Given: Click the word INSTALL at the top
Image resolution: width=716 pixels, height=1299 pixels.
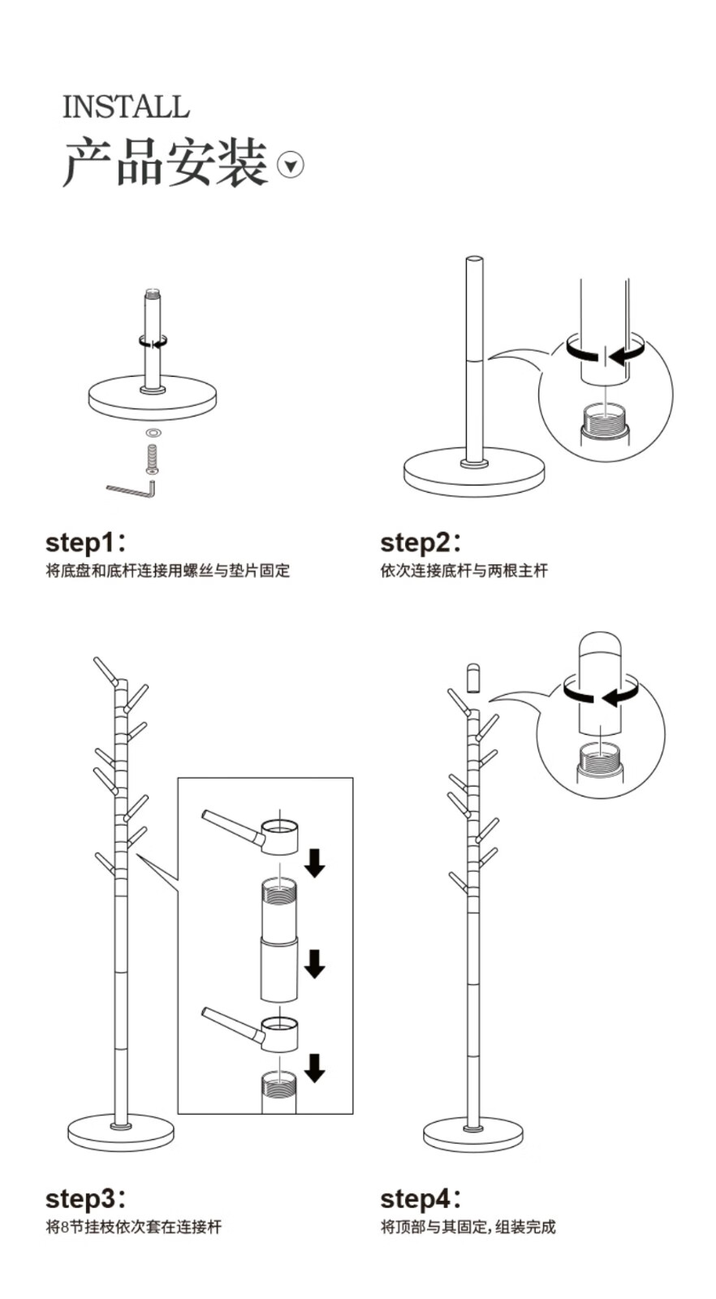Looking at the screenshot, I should pyautogui.click(x=126, y=107).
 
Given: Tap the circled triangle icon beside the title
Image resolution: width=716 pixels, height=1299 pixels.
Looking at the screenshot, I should pyautogui.click(x=291, y=165).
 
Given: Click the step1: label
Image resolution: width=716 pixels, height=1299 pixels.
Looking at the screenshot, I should pyautogui.click(x=85, y=542).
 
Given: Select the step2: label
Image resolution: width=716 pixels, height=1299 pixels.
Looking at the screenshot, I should pyautogui.click(x=420, y=542).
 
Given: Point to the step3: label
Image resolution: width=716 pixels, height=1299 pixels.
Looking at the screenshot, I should pyautogui.click(x=85, y=1198).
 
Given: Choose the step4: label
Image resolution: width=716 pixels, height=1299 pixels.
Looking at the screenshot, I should pyautogui.click(x=420, y=1198).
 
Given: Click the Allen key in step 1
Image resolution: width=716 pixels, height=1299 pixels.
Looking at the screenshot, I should pyautogui.click(x=132, y=489).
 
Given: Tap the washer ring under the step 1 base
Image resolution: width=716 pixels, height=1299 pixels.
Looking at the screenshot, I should pyautogui.click(x=152, y=432).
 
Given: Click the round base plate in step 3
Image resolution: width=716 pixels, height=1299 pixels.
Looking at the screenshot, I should pyautogui.click(x=120, y=1133).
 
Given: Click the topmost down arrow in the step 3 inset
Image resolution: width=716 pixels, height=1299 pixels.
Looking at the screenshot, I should pyautogui.click(x=315, y=862).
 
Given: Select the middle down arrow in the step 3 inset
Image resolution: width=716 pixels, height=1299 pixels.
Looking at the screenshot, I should pyautogui.click(x=314, y=964).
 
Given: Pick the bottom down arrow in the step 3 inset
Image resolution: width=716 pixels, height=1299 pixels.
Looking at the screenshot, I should pyautogui.click(x=314, y=1067).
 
